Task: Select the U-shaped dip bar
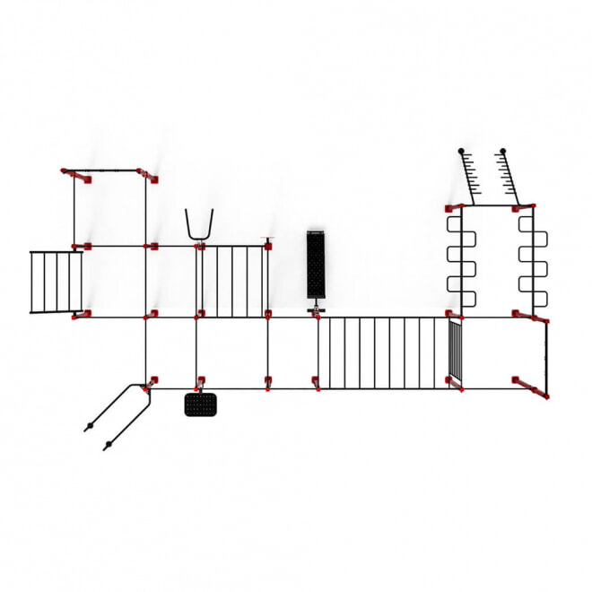[x=199, y=224]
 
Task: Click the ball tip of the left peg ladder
[x=461, y=151]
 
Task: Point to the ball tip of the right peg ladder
[x=502, y=151]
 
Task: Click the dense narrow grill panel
[x=456, y=351]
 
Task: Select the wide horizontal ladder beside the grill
[x=382, y=351]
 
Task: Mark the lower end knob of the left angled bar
[x=88, y=428]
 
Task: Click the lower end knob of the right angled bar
[x=108, y=445]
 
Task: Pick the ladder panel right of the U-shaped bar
[x=232, y=279]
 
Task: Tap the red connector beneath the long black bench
[x=316, y=313]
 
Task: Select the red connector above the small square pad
[x=200, y=382]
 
